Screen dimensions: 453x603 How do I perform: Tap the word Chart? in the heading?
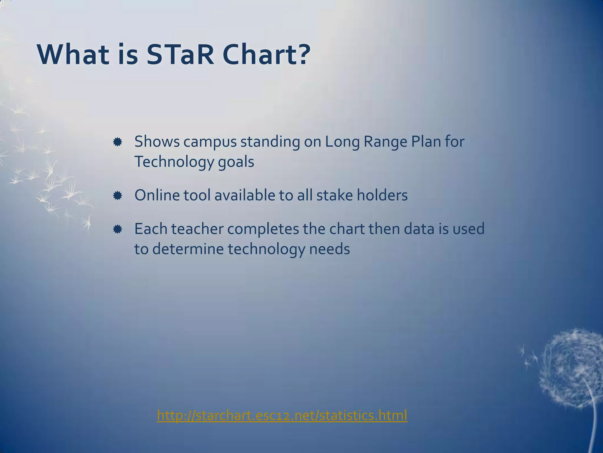(x=266, y=55)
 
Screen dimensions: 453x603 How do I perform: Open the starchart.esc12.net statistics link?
(x=282, y=415)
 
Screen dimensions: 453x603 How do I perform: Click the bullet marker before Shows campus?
(x=117, y=142)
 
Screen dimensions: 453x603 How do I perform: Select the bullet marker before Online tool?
(x=117, y=196)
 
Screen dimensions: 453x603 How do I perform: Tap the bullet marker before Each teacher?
(x=117, y=229)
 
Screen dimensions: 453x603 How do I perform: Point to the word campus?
(x=210, y=142)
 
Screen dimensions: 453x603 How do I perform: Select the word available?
(x=245, y=195)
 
